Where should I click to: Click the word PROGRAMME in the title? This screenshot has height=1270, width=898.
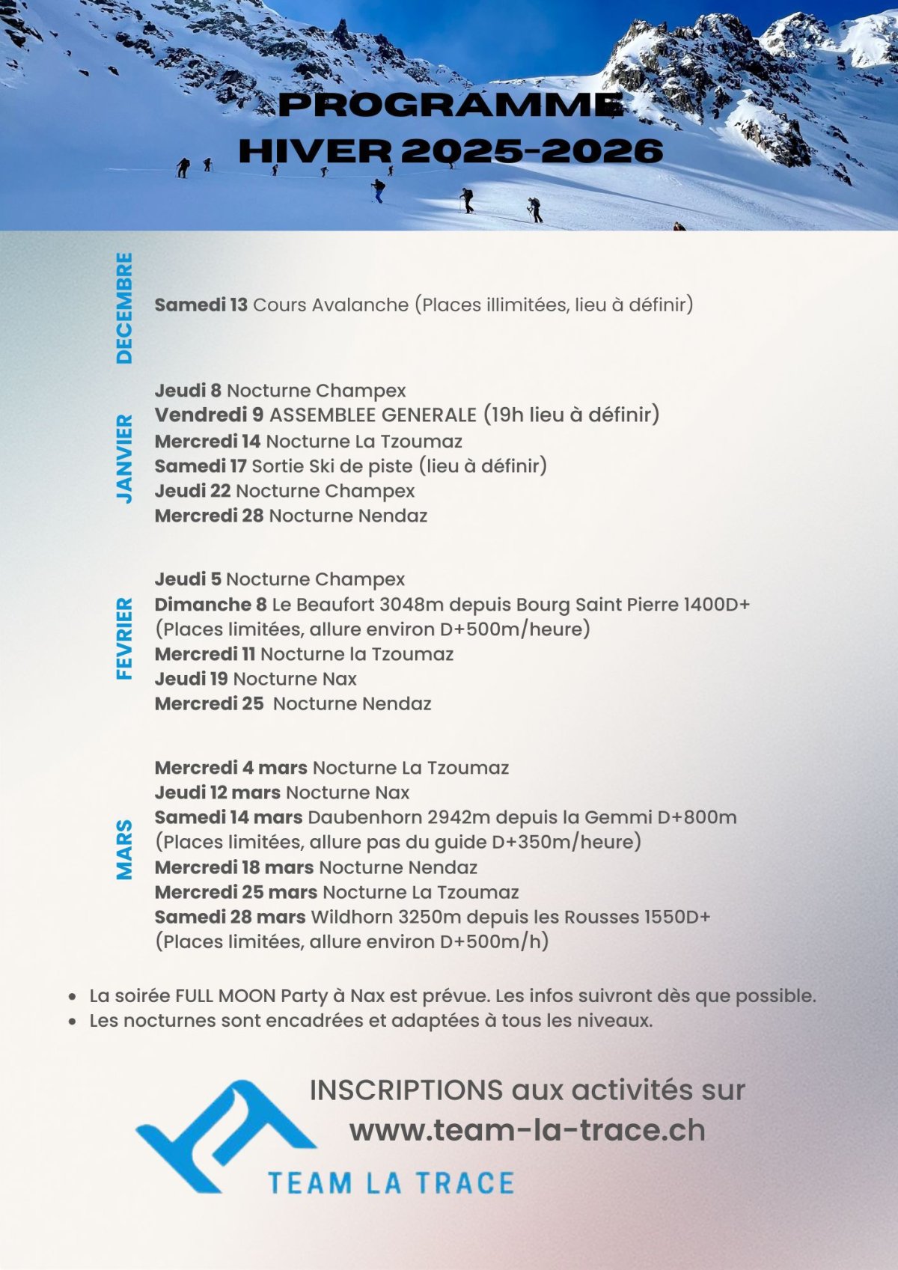(450, 106)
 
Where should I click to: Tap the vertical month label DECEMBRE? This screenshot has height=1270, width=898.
(124, 308)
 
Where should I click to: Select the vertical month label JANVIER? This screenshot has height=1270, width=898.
(124, 459)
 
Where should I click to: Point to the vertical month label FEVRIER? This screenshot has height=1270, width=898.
(124, 638)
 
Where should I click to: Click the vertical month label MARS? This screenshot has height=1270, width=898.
(124, 850)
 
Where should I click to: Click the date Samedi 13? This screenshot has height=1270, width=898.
(201, 305)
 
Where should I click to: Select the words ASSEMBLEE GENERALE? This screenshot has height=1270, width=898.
(373, 415)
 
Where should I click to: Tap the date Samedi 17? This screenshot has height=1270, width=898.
(200, 466)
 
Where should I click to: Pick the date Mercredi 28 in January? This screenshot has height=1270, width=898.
(209, 516)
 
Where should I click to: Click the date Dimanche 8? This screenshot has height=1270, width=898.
(210, 605)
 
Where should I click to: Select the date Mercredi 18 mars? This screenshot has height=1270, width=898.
(233, 867)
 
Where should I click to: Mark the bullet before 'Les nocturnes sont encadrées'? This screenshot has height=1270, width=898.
(73, 1022)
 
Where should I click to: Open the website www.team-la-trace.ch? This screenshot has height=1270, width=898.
(528, 1130)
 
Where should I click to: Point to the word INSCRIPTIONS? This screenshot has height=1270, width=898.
(406, 1090)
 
